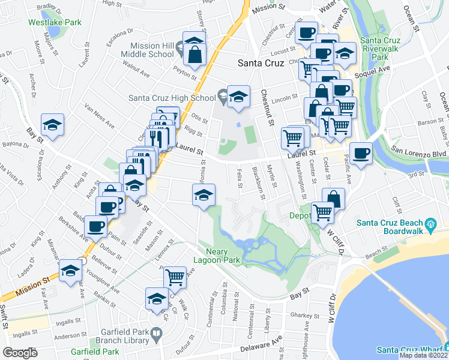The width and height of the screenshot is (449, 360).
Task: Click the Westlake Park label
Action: click(x=55, y=22)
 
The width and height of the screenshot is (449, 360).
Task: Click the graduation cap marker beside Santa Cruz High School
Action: click(x=238, y=95)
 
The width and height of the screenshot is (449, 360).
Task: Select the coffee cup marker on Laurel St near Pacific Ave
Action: click(x=360, y=152)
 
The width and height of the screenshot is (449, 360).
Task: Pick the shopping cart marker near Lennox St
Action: click(x=175, y=277)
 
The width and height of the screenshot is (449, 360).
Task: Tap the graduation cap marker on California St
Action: click(x=203, y=194)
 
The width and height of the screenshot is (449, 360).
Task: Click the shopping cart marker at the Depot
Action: click(x=323, y=211)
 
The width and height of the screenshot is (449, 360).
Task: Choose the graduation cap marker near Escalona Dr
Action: click(x=53, y=125)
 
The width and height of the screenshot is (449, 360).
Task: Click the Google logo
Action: click(x=20, y=353)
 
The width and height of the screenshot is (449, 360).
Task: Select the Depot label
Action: click(x=300, y=216)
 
